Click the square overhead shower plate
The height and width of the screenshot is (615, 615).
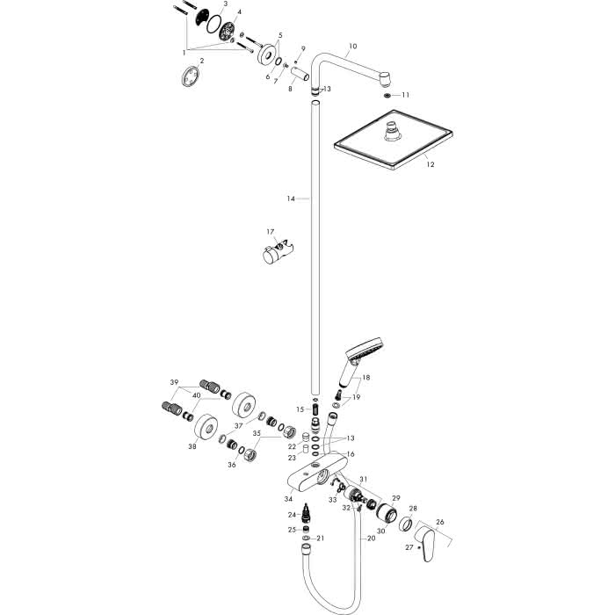[393, 140]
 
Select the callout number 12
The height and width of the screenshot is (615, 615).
[430, 164]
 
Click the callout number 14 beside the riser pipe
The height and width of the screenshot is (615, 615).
[290, 199]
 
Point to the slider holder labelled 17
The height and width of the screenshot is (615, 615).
[279, 254]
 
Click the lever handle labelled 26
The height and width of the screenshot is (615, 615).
[426, 544]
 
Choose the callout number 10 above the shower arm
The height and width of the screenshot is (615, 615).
[352, 47]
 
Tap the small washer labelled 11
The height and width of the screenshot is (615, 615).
[387, 95]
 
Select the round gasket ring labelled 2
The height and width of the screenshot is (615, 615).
[191, 76]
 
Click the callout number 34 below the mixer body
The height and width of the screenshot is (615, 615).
[288, 499]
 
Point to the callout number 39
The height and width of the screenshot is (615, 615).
[174, 382]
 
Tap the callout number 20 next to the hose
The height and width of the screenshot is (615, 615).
[371, 538]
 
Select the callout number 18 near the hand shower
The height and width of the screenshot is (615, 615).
[366, 377]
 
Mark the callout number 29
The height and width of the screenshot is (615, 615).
[396, 498]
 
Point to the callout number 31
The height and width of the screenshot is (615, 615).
[364, 479]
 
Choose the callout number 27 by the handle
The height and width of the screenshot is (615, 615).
[409, 547]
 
